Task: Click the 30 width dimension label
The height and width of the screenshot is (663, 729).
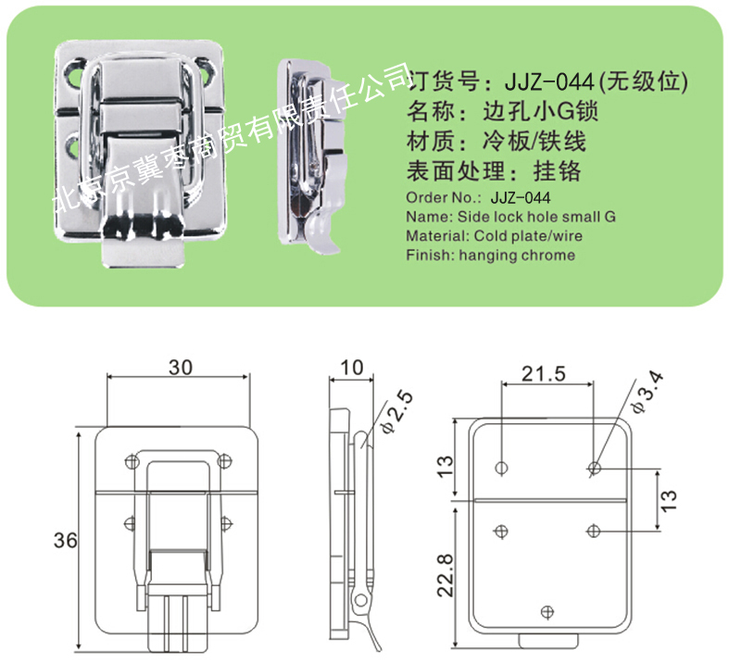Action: pos(181,367)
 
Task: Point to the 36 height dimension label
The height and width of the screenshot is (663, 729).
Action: pos(65,540)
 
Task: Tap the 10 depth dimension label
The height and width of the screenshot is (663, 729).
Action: pos(351,368)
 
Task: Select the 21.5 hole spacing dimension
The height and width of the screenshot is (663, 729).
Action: pos(543,373)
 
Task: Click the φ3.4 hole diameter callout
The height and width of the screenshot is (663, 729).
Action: pos(647,393)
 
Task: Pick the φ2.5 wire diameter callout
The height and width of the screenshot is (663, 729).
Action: pos(397,412)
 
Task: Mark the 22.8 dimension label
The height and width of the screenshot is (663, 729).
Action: pos(445,575)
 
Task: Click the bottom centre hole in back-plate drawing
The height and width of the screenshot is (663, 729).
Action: pos(547,612)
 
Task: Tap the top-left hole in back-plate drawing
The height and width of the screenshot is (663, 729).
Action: pos(502,468)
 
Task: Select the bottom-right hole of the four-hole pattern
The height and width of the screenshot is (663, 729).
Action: pos(593,531)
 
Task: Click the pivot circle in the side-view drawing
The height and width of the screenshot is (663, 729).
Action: pos(360,602)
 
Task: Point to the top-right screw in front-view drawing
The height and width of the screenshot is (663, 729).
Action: pos(224,461)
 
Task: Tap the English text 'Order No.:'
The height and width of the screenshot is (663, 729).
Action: pos(444,197)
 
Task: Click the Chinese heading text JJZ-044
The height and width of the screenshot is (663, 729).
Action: pos(549,82)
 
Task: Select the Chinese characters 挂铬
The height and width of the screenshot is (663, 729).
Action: pos(557,171)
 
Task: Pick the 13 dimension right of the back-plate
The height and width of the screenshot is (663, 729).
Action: pos(669,500)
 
